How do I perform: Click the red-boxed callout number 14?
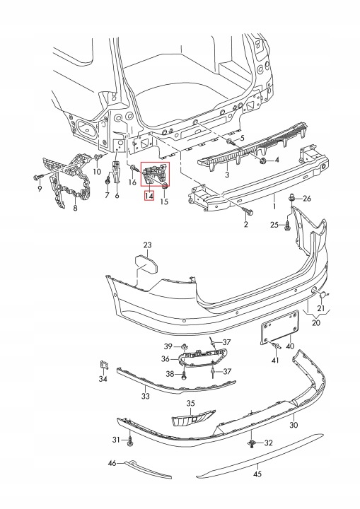click(x=149, y=196)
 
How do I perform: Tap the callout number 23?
click(x=148, y=245)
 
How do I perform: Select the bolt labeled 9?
click(x=37, y=177)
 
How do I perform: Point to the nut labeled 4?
click(x=262, y=160)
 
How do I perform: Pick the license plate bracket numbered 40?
click(x=280, y=327)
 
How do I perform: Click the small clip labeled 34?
click(x=103, y=365)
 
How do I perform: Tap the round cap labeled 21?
click(x=324, y=295)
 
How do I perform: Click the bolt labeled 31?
click(x=130, y=441)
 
